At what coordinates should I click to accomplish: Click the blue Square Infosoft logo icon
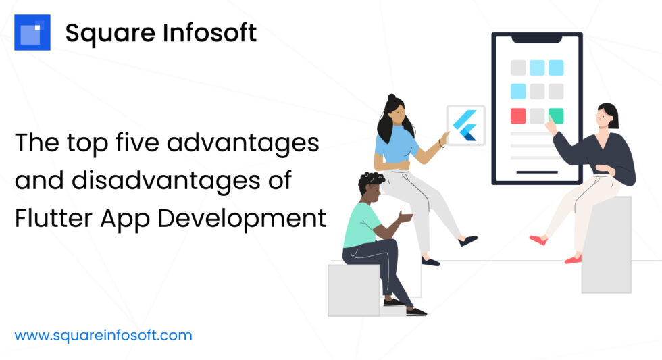(x=32, y=32)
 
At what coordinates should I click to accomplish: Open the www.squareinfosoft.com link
(x=103, y=335)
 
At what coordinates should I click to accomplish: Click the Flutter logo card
(x=465, y=125)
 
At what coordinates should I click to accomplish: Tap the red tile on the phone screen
(x=518, y=115)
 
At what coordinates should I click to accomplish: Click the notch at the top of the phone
(x=536, y=38)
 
